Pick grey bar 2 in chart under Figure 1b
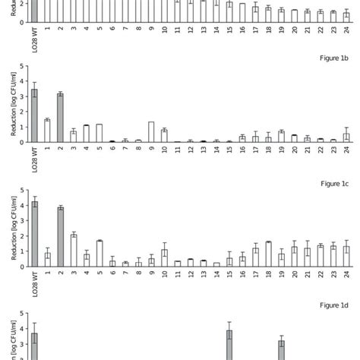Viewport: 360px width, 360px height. pos(61,118)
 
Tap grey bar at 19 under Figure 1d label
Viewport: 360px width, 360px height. pos(281,349)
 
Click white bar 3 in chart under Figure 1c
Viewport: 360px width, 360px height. pos(74,250)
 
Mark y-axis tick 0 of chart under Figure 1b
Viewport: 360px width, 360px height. pos(22,142)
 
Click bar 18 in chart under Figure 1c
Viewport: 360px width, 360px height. pos(268,254)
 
